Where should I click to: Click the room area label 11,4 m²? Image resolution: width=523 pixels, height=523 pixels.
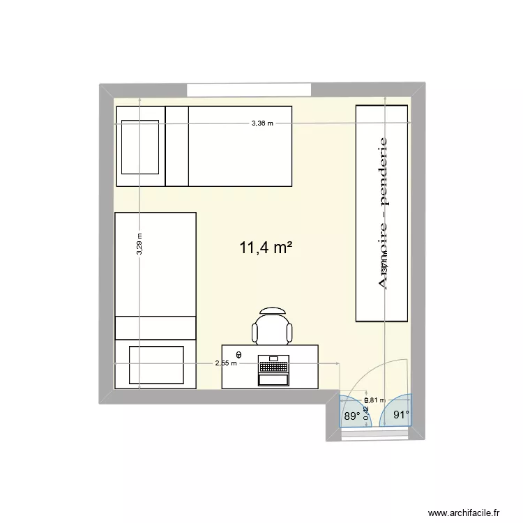point(265,248)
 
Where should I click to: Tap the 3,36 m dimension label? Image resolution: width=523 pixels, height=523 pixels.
point(262,123)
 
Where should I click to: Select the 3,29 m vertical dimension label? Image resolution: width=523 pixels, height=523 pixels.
point(139,245)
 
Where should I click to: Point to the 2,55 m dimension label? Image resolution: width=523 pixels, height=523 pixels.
point(226,363)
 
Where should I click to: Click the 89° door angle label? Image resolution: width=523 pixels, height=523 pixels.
point(350,416)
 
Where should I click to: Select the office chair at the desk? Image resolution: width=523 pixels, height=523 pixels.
point(271,326)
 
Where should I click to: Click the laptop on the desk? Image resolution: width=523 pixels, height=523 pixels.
point(273,370)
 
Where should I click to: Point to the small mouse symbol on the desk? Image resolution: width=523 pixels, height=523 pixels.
point(239,354)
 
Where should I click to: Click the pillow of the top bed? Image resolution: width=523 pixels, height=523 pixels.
point(142,146)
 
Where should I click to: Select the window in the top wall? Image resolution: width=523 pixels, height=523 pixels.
point(248,91)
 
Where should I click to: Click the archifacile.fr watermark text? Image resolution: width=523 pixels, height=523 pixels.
point(469,513)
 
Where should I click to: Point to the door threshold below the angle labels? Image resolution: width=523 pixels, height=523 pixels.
point(375,433)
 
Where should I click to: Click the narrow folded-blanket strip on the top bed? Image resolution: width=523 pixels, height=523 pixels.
point(177,146)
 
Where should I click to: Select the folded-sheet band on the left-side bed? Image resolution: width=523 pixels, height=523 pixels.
point(156,327)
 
